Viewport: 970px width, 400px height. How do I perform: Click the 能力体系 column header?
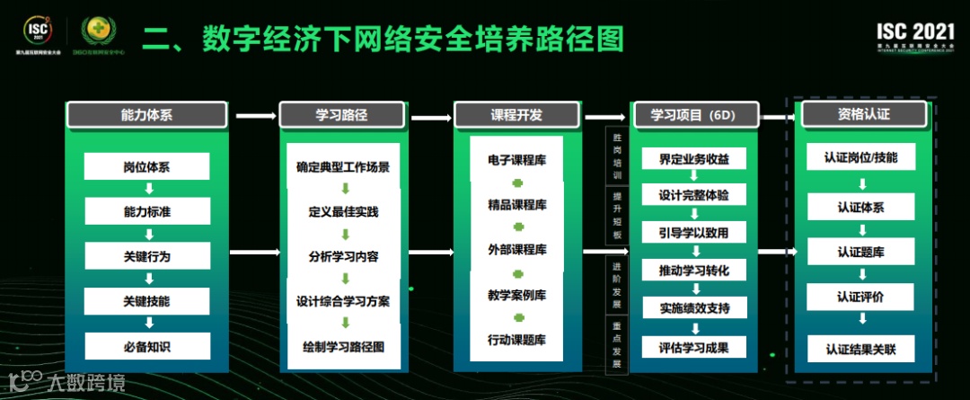click(146, 115)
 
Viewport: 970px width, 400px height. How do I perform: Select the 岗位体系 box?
click(146, 166)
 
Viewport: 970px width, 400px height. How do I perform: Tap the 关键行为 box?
click(146, 256)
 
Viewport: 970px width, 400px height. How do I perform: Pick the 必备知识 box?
click(146, 346)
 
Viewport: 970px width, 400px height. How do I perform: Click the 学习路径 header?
click(342, 115)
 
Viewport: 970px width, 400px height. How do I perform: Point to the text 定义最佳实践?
click(342, 212)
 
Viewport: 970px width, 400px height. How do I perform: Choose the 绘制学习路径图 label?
click(342, 346)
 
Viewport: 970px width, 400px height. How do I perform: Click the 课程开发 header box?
click(516, 115)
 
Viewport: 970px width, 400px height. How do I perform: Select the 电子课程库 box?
click(516, 160)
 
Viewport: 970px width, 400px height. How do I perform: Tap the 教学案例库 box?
click(516, 295)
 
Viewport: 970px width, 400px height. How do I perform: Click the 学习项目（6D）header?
click(692, 115)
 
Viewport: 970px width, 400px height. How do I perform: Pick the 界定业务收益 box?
click(693, 159)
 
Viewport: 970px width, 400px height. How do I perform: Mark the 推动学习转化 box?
click(693, 271)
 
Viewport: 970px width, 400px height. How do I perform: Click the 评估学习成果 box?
click(693, 348)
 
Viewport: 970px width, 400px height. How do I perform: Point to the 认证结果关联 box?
click(861, 349)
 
